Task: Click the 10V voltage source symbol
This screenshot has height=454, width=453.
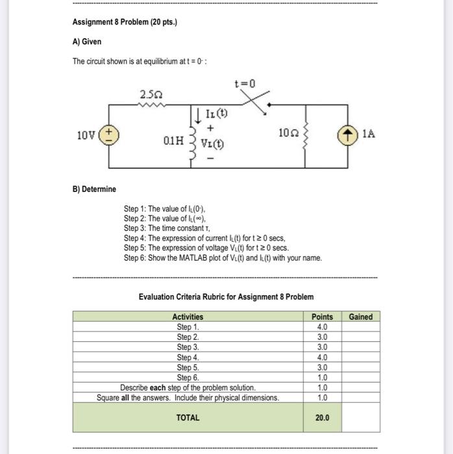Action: [107, 135]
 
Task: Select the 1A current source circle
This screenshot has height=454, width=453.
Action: [348, 135]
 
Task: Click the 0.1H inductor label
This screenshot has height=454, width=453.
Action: [173, 139]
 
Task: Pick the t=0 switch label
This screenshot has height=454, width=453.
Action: [245, 84]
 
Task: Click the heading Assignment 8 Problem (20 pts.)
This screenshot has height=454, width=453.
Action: [125, 23]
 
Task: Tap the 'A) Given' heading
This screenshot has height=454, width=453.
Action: [87, 42]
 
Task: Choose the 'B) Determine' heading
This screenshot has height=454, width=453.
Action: [95, 189]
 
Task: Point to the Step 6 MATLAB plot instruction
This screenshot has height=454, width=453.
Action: [223, 257]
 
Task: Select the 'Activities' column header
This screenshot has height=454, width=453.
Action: [188, 317]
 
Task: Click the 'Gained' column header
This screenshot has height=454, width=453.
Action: [360, 317]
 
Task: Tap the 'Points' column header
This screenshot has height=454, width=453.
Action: [322, 317]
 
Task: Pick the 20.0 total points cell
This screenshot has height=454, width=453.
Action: [322, 418]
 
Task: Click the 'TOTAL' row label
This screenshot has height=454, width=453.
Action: [188, 418]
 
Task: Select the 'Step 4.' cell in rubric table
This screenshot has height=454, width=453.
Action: [188, 357]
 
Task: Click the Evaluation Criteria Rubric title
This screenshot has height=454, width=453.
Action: [226, 296]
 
